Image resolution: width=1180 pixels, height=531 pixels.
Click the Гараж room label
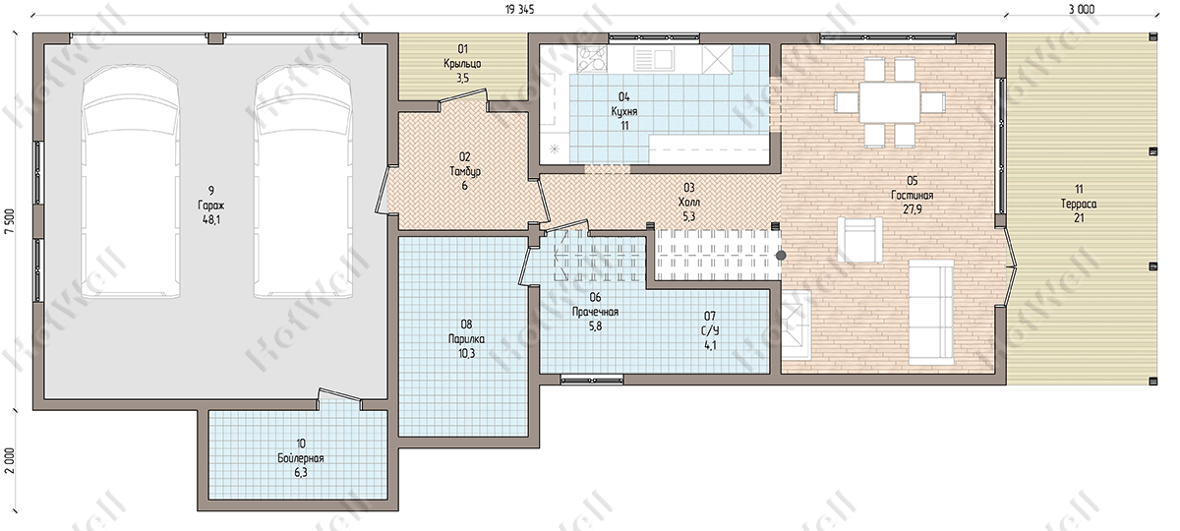tap(211, 206)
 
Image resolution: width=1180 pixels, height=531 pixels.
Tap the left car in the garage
tap(131, 183)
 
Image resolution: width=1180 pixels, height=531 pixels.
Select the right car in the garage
tap(303, 183)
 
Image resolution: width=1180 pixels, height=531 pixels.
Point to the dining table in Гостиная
tap(890, 102)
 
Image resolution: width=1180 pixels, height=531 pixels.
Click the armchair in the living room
tap(859, 240)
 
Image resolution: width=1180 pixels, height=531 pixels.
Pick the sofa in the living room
tap(931, 312)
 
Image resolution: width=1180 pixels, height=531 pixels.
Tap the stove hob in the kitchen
tap(593, 58)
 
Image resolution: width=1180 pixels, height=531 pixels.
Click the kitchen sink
tap(653, 58)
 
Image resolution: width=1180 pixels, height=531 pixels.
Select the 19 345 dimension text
tap(519, 10)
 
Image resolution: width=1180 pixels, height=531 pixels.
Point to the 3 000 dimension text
tap(1084, 10)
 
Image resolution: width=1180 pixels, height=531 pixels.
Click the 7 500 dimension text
tap(10, 224)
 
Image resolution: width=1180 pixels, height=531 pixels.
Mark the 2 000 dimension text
tap(10, 461)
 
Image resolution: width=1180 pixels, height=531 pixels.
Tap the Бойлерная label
tap(301, 458)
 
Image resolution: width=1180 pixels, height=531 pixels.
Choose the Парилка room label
tap(466, 338)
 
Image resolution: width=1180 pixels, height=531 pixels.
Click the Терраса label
tap(1079, 204)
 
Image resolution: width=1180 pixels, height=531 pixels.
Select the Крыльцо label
tap(462, 64)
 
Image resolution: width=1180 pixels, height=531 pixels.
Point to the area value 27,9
tap(913, 209)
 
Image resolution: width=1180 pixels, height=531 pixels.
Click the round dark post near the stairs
tap(781, 255)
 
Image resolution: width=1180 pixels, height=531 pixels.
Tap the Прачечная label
tap(595, 312)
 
